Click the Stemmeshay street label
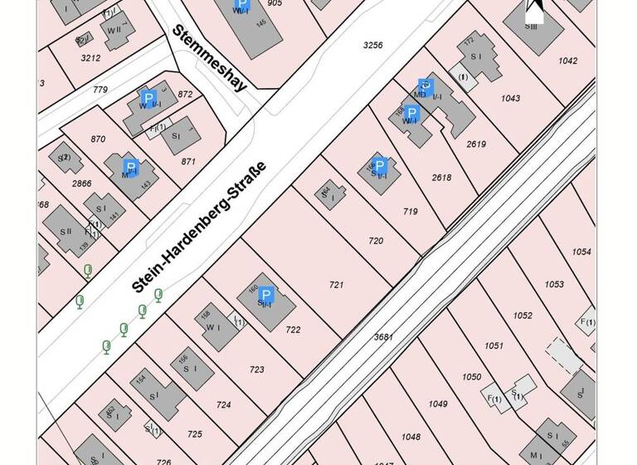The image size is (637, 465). coord(210,58)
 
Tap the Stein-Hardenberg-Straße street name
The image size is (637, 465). coord(199,227)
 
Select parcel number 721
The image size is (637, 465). coord(336,285)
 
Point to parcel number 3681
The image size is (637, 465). coord(382,336)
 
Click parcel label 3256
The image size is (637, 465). coord(373,45)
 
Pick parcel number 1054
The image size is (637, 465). coord(581,252)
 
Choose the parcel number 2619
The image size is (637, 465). coord(476,144)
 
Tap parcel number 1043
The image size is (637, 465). coord(510,98)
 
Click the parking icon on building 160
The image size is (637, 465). coord(266,295)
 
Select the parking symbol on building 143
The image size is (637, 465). coord(129,169)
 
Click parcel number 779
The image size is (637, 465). coord(100,90)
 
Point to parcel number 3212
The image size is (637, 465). coord(90,58)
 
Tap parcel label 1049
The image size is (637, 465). coord(438,404)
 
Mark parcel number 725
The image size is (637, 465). coord(195,433)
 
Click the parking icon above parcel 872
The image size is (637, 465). coord(148,97)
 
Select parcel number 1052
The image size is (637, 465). coord(523,315)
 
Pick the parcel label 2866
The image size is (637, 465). coord(81,183)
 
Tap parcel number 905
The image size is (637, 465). coord(275,3)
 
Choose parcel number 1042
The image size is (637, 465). coord(568,61)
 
